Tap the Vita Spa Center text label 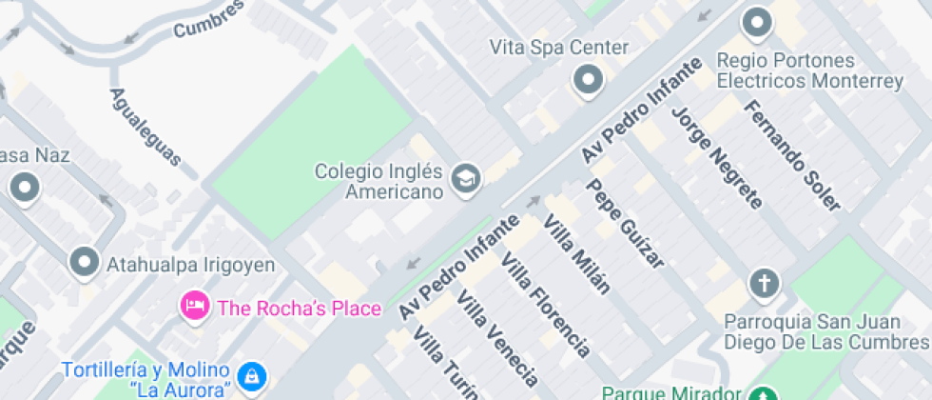click(x=559, y=47)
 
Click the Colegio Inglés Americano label click(x=380, y=182)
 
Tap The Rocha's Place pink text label click(x=299, y=309)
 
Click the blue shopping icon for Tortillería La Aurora click(x=250, y=376)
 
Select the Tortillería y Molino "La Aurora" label click(x=146, y=379)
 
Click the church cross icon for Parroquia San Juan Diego click(x=764, y=283)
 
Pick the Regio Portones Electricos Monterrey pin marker click(x=757, y=23)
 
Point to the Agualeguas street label click(x=145, y=128)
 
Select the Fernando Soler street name click(x=791, y=155)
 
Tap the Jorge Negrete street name click(x=717, y=157)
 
